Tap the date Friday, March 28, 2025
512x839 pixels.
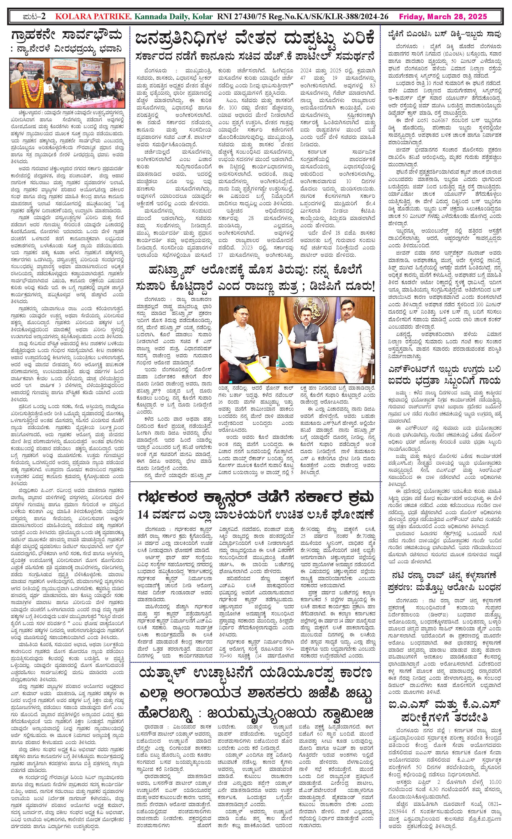[x=443, y=17]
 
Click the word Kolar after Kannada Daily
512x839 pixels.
[x=203, y=17]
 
